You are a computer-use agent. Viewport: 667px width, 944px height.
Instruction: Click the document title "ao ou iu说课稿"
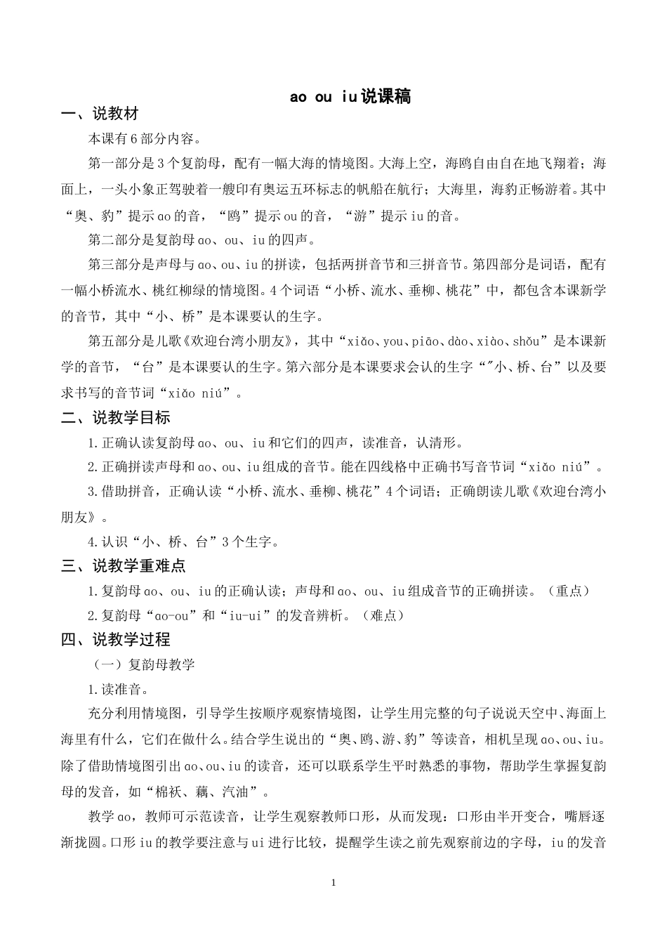[350, 97]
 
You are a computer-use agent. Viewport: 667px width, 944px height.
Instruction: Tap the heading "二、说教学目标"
[115, 418]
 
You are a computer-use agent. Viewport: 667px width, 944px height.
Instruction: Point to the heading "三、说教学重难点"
[123, 566]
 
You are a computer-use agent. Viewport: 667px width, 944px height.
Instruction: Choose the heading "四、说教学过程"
[115, 640]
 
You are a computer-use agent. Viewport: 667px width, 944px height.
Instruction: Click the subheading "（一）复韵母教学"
[144, 664]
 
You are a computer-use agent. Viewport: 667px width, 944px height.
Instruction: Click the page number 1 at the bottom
[333, 882]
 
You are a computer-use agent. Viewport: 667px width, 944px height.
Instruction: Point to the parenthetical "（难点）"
[383, 615]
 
